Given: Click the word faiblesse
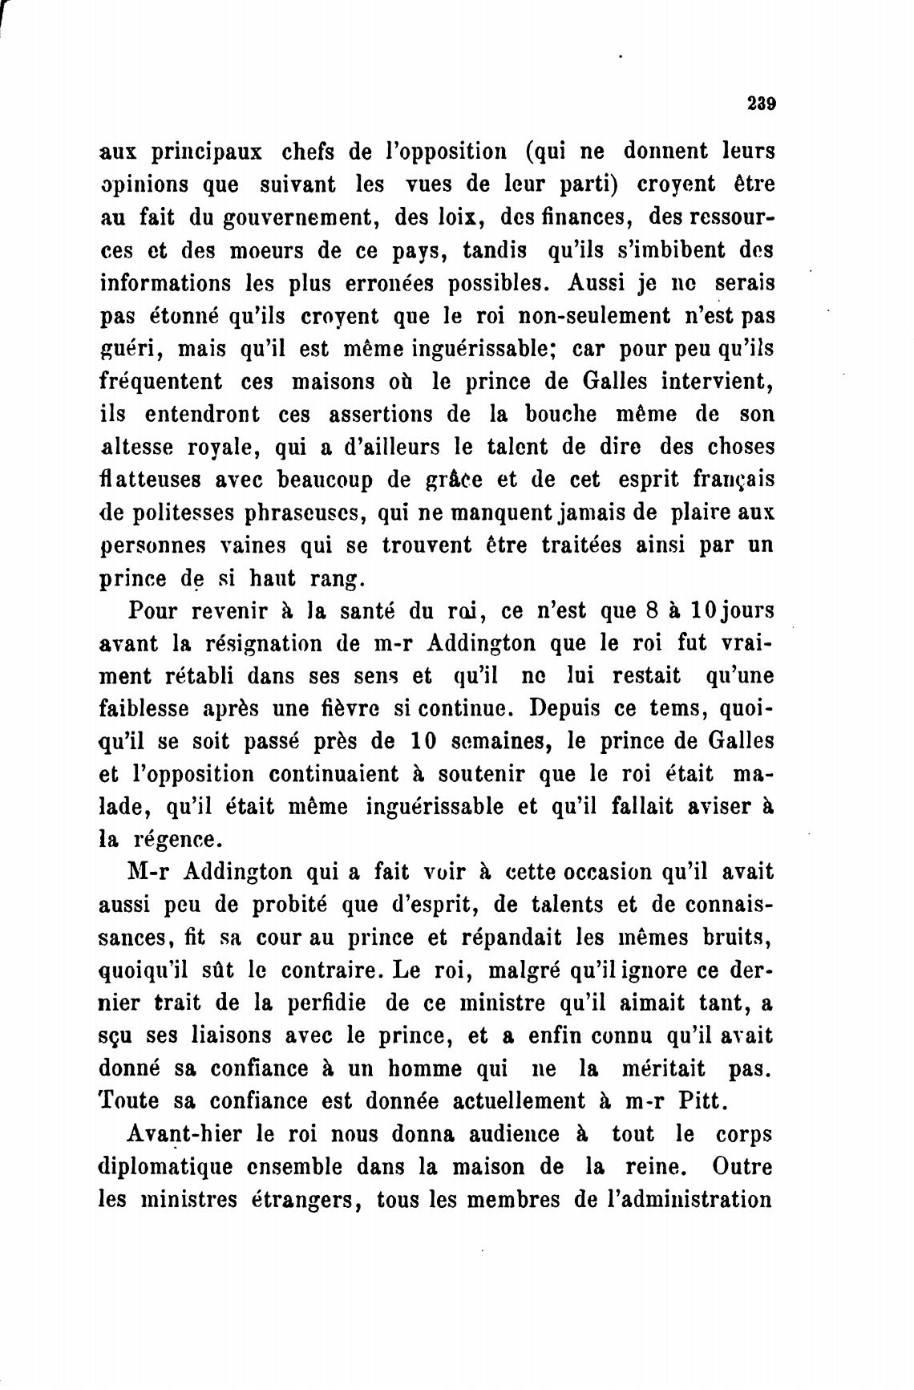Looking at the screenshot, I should tap(144, 709).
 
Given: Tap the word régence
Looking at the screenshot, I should tap(178, 841).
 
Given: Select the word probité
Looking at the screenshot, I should tap(289, 905).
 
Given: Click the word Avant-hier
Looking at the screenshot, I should tap(184, 1135).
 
